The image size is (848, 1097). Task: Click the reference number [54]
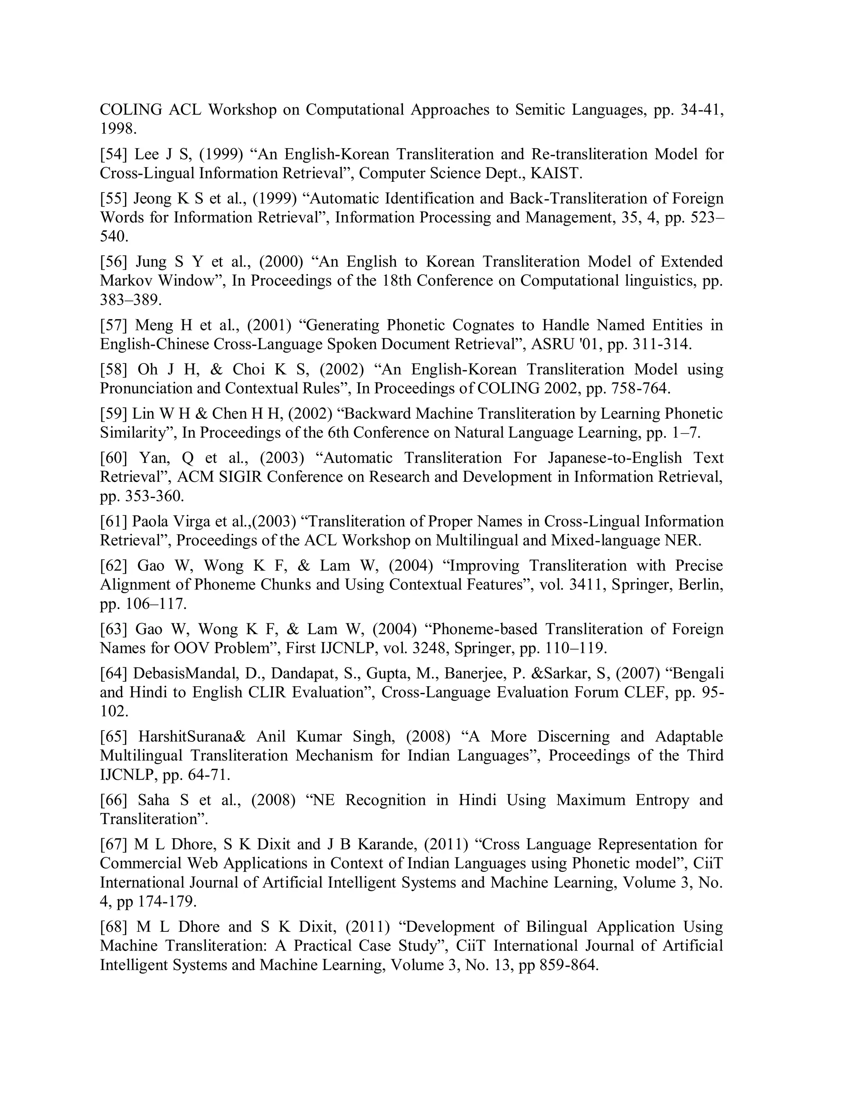pos(113,154)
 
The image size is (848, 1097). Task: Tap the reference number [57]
pos(113,325)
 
